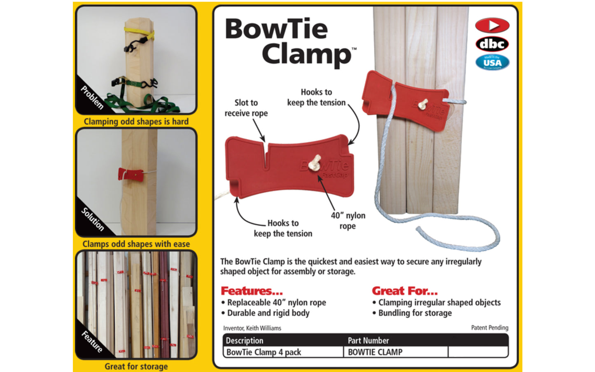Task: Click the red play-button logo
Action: (x=492, y=26)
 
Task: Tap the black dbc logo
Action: (x=492, y=44)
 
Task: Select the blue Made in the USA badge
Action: (x=492, y=63)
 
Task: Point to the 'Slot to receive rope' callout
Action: (x=246, y=108)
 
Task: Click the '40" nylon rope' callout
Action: (x=348, y=220)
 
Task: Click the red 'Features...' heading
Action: (x=252, y=291)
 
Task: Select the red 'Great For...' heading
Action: (x=404, y=291)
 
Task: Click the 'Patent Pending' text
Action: (x=490, y=328)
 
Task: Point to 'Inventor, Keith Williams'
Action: (x=252, y=328)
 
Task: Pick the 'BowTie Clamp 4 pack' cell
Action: (x=264, y=352)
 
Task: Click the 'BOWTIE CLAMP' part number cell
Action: (x=375, y=352)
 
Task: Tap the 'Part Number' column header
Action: (x=368, y=341)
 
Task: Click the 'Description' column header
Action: (x=244, y=341)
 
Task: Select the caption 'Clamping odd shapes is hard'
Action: (x=136, y=122)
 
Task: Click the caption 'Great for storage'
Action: (x=136, y=366)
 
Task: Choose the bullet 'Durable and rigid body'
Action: (x=268, y=313)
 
